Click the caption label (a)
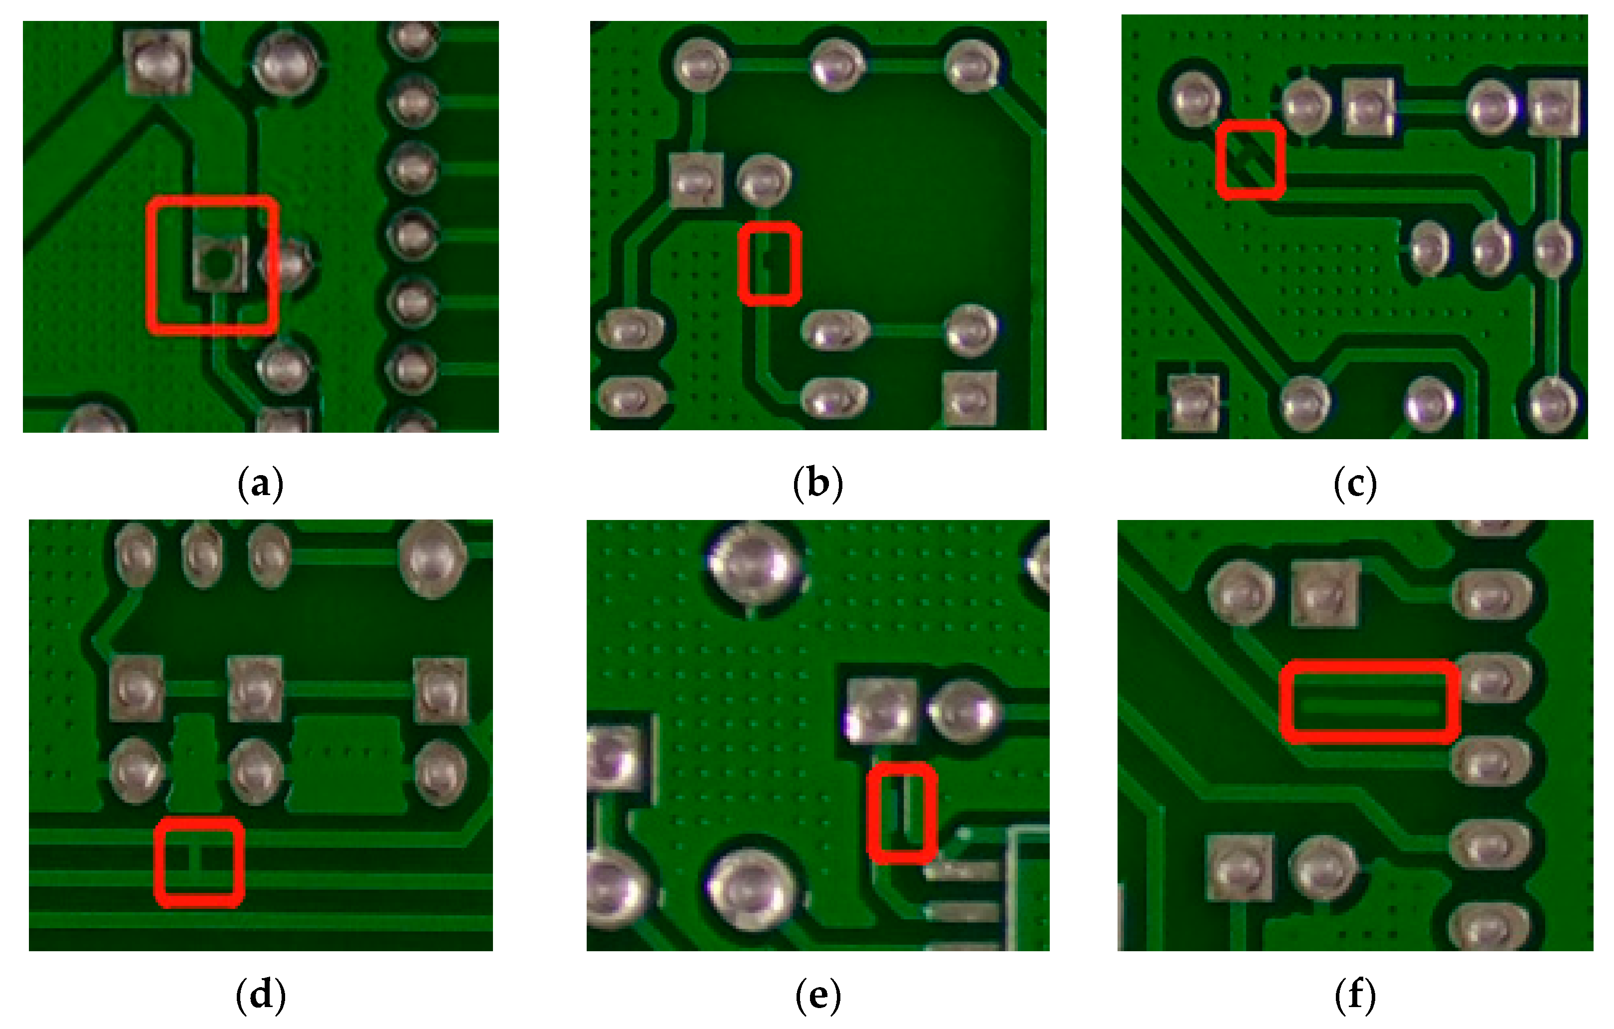pyautogui.click(x=261, y=484)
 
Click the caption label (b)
pyautogui.click(x=818, y=484)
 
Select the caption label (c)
pyautogui.click(x=1355, y=484)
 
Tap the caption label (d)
pyautogui.click(x=261, y=995)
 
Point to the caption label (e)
pyautogui.click(x=818, y=995)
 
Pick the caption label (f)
pyautogui.click(x=1355, y=995)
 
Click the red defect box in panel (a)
pyautogui.click(x=212, y=265)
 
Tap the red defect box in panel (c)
pyautogui.click(x=1251, y=160)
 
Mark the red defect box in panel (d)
pyautogui.click(x=198, y=862)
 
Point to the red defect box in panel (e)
pyautogui.click(x=902, y=813)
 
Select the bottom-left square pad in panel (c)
pyautogui.click(x=1193, y=402)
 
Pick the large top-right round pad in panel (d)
pyautogui.click(x=432, y=558)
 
